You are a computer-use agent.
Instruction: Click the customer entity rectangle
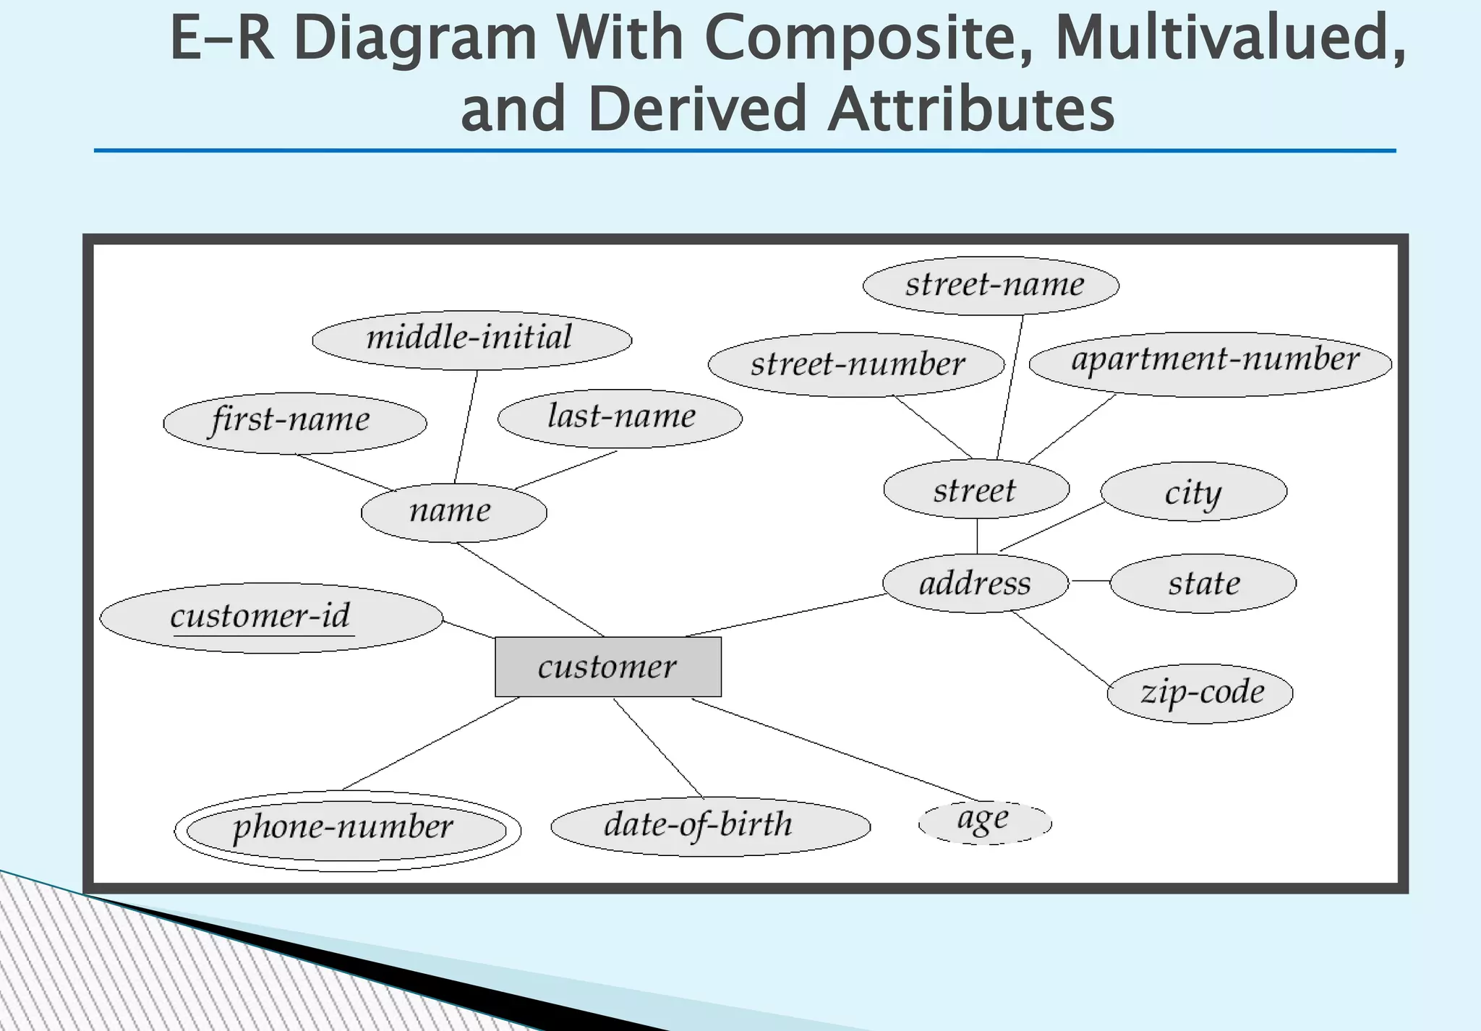[x=607, y=667]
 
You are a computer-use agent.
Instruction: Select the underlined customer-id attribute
[x=271, y=617]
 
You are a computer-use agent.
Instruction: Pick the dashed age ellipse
[x=984, y=822]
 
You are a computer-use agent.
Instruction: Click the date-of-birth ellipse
[x=710, y=826]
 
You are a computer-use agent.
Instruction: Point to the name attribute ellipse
[x=453, y=513]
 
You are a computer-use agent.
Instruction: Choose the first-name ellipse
[x=294, y=422]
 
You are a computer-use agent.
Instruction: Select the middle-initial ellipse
[x=471, y=340]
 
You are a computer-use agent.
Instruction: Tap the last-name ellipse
[x=620, y=419]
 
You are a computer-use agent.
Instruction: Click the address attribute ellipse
[x=976, y=583]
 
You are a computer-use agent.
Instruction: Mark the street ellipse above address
[x=976, y=489]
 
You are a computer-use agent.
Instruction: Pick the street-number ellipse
[x=856, y=364]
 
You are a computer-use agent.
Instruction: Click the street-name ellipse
[x=991, y=286]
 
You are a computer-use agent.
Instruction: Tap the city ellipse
[x=1193, y=492]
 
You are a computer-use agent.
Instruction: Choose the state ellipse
[x=1203, y=583]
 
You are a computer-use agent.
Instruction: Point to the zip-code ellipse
[x=1200, y=693]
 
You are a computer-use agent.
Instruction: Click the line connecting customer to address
[x=785, y=615]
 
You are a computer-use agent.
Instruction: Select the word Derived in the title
[x=696, y=109]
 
